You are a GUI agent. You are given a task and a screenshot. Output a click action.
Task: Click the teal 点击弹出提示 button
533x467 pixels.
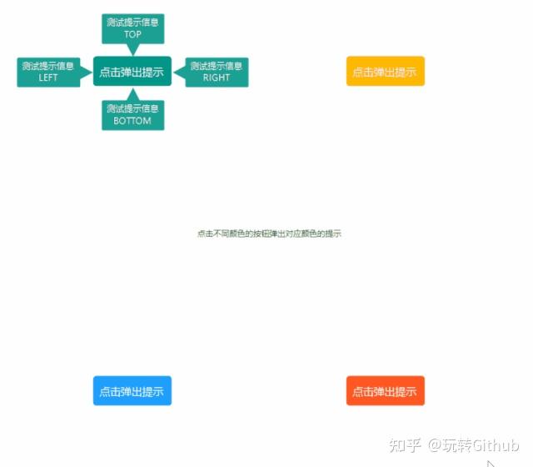click(x=132, y=72)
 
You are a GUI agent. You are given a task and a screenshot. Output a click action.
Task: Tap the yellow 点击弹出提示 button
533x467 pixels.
click(x=385, y=72)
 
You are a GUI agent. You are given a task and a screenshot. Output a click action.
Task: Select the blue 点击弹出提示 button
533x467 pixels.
click(x=132, y=391)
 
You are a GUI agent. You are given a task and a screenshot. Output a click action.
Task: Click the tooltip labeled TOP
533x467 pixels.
click(x=132, y=28)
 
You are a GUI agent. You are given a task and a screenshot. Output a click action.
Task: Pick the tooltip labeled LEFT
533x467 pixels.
click(x=47, y=72)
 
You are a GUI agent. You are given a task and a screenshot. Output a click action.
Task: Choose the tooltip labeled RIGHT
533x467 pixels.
click(x=217, y=72)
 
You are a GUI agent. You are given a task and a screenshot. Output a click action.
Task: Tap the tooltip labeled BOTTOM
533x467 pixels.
click(x=132, y=115)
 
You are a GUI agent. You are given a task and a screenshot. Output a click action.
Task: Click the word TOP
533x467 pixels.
click(x=132, y=35)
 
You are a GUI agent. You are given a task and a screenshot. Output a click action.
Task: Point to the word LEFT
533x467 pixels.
click(x=48, y=78)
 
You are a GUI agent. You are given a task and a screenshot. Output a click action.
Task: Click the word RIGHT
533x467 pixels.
click(x=217, y=78)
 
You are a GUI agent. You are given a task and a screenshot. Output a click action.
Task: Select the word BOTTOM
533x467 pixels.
click(x=132, y=121)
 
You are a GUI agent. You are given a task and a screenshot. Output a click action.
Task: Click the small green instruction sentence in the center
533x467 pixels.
click(x=269, y=233)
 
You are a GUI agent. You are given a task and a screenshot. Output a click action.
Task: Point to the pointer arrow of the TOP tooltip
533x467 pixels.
click(x=132, y=49)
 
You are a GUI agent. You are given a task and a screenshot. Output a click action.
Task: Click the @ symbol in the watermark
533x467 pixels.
click(x=436, y=445)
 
